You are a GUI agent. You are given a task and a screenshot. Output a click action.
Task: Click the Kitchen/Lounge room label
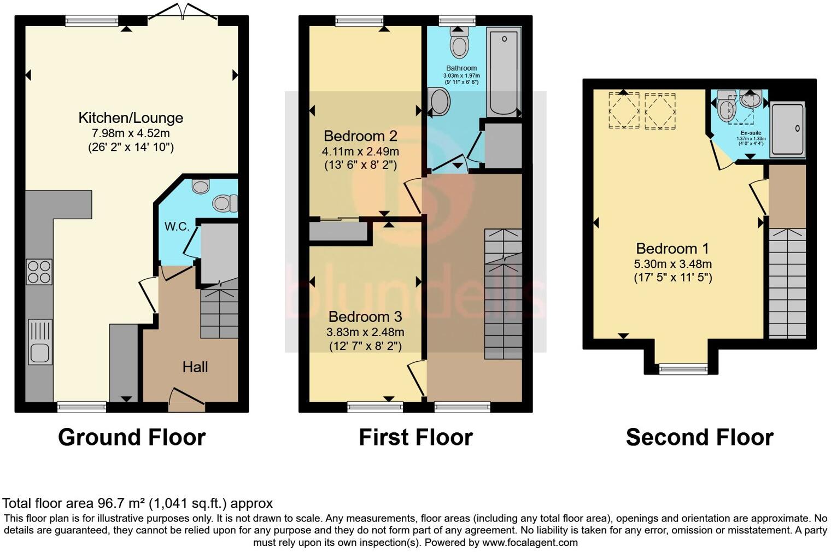click(x=131, y=118)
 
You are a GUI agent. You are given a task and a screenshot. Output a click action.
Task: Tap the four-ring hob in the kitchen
click(x=39, y=272)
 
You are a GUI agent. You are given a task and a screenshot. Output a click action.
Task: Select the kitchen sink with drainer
click(x=39, y=342)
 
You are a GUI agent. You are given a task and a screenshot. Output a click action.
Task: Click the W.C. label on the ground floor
click(x=177, y=226)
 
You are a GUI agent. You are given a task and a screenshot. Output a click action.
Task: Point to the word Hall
click(x=195, y=367)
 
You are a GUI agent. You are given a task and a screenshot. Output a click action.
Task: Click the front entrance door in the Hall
click(x=186, y=400)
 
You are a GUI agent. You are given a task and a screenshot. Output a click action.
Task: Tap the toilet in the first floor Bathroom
click(x=459, y=42)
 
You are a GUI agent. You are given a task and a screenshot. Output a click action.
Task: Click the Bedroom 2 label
click(x=360, y=136)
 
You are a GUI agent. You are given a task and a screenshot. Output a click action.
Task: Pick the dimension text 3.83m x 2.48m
click(x=365, y=332)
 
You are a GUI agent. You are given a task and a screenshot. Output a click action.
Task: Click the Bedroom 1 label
click(x=672, y=249)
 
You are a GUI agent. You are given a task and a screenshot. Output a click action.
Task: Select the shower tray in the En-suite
click(x=787, y=129)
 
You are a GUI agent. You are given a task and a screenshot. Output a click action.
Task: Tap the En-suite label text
click(x=751, y=133)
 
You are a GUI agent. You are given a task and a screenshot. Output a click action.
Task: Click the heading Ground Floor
click(x=132, y=437)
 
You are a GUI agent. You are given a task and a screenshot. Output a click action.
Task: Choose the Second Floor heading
click(x=699, y=437)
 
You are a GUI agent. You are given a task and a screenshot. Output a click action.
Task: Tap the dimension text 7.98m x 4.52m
click(x=131, y=133)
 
